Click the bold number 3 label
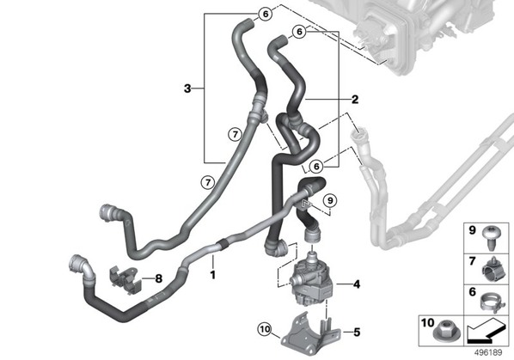click(x=187, y=88)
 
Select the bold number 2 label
click(x=355, y=100)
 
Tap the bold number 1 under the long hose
click(x=213, y=274)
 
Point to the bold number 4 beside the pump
click(x=357, y=284)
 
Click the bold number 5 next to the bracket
click(x=357, y=333)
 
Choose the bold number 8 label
click(x=159, y=278)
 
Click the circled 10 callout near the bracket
click(x=265, y=329)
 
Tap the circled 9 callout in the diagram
click(x=330, y=200)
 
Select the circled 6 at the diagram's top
click(x=266, y=14)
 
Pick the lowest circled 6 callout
click(x=316, y=167)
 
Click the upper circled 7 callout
click(x=235, y=134)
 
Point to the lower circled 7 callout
click(x=208, y=182)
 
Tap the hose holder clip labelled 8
click(x=125, y=280)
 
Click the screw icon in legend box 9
click(x=492, y=238)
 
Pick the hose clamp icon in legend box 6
click(x=492, y=302)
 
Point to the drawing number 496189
click(x=488, y=353)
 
